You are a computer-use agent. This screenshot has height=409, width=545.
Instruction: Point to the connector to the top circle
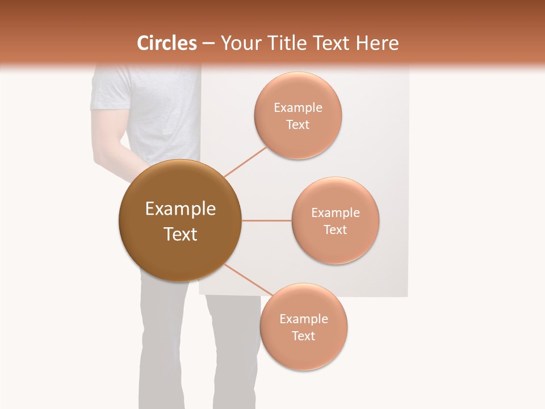click(x=245, y=161)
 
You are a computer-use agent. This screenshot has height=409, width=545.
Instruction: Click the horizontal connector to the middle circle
click(x=266, y=220)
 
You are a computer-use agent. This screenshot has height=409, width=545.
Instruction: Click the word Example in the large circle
click(x=180, y=209)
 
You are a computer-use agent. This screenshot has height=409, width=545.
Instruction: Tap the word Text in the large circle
click(x=180, y=234)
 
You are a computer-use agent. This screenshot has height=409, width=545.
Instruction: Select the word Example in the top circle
click(x=297, y=108)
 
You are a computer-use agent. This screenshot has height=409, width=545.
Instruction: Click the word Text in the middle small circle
click(x=335, y=229)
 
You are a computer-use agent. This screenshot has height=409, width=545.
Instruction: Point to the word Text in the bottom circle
click(x=303, y=336)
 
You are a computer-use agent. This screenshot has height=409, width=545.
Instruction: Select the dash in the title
click(x=208, y=44)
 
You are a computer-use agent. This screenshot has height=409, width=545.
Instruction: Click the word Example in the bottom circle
click(x=303, y=319)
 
